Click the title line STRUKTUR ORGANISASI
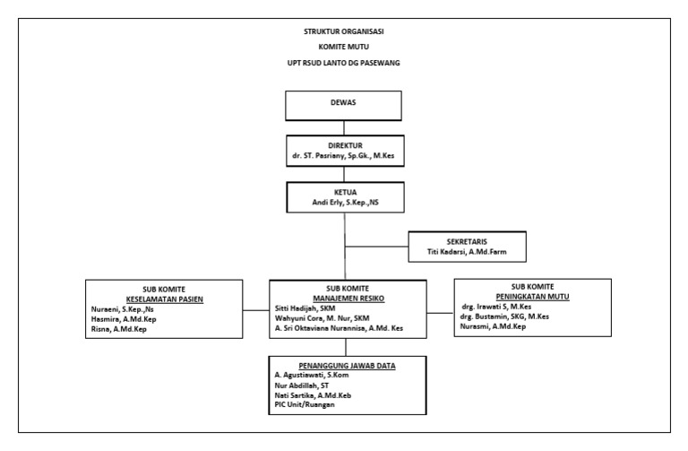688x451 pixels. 345,32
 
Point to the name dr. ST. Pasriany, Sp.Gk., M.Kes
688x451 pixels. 344,156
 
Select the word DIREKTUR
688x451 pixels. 344,144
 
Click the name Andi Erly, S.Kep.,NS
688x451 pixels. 344,201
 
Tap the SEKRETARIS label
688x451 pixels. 465,241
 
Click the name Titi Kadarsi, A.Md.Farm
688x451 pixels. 467,253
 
